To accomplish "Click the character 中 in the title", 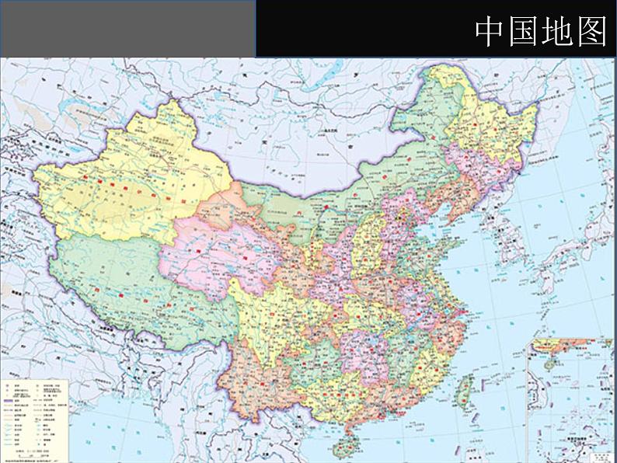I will (491, 31).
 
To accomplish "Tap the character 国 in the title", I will (525, 31).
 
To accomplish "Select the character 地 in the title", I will (559, 31).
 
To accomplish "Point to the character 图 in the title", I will (592, 31).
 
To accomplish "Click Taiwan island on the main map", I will (467, 388).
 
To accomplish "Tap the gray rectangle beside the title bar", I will (127, 28).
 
